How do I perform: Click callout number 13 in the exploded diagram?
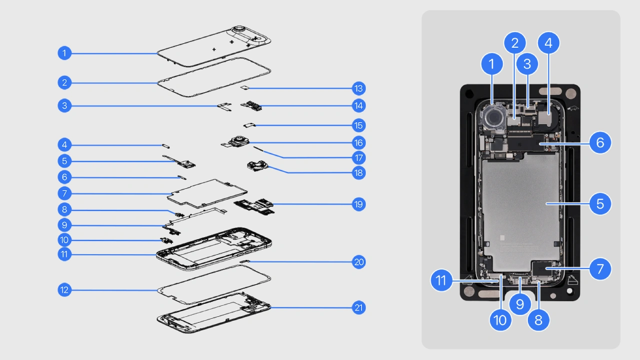(358, 88)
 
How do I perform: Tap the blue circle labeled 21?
(358, 308)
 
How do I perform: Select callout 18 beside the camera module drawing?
(358, 173)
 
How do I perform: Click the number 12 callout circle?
(64, 289)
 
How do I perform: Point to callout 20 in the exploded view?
(358, 262)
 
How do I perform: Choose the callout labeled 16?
(358, 142)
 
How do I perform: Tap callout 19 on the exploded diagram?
(358, 204)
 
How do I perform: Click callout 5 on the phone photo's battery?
(600, 203)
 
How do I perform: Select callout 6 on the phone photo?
(600, 142)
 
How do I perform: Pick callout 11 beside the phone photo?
(441, 280)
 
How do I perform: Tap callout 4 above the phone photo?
(548, 43)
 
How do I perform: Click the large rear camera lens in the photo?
(494, 117)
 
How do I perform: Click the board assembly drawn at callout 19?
(255, 205)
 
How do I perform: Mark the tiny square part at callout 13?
(245, 88)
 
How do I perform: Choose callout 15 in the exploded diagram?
(358, 125)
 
